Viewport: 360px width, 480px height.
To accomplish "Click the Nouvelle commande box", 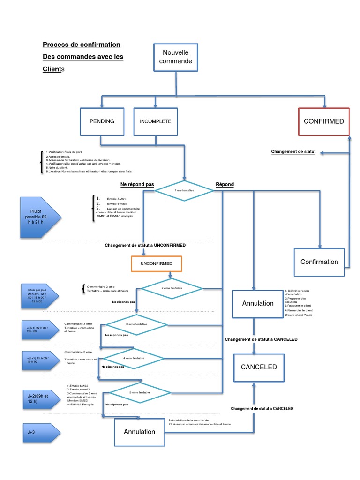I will pyautogui.click(x=176, y=57).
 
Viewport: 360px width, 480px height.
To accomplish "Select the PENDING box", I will pyautogui.click(x=102, y=121).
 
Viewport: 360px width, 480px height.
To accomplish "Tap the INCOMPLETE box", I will pyautogui.click(x=156, y=121).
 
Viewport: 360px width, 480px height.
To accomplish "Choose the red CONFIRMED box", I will pyautogui.click(x=323, y=121).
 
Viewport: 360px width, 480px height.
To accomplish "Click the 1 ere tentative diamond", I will pyautogui.click(x=184, y=191).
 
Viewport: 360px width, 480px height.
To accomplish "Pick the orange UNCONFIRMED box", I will pyautogui.click(x=156, y=263).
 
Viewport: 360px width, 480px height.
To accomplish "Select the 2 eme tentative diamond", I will pyautogui.click(x=172, y=288).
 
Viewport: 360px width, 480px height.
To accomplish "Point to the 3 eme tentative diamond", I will pyautogui.click(x=136, y=324).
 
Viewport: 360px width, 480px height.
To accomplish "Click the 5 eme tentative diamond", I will pyautogui.click(x=140, y=392).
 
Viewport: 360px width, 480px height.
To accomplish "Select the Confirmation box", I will pyautogui.click(x=319, y=262).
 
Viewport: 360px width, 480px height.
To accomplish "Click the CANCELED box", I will pyautogui.click(x=259, y=367).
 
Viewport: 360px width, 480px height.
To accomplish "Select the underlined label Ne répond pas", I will pyautogui.click(x=137, y=184).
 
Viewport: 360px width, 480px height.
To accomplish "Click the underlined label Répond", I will pyautogui.click(x=225, y=184).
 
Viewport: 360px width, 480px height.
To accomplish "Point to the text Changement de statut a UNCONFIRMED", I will pyautogui.click(x=145, y=245).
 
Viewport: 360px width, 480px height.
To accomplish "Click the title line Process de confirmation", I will pyautogui.click(x=82, y=45).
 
